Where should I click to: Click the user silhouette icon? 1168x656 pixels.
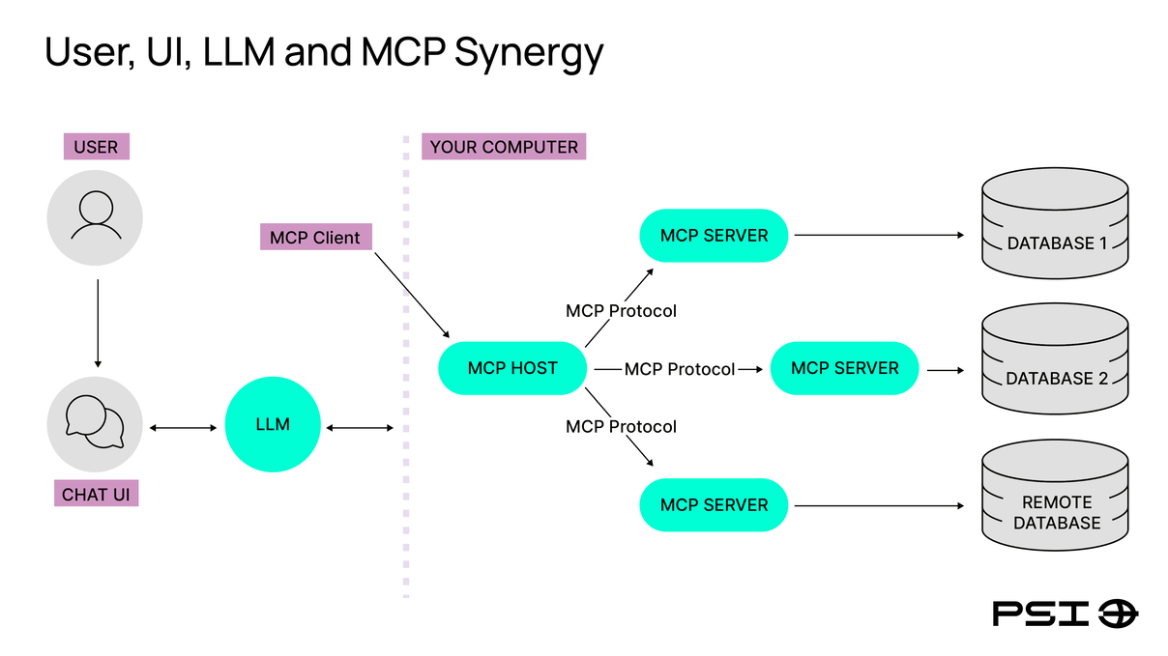(95, 217)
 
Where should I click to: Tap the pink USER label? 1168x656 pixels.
(96, 147)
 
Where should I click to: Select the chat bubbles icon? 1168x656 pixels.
(95, 425)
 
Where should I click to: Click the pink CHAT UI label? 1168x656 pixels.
(96, 495)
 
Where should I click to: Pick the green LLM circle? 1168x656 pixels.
(273, 424)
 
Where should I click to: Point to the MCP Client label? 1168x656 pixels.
(315, 238)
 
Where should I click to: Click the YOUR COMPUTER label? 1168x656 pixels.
(504, 147)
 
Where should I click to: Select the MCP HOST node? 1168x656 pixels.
(512, 368)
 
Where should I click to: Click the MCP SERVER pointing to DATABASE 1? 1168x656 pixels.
(714, 235)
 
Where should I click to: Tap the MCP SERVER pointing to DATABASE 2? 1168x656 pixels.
(844, 368)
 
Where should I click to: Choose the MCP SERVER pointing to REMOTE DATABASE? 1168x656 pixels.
(714, 504)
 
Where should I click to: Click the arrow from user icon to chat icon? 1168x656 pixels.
(97, 324)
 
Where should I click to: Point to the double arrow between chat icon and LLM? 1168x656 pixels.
(183, 426)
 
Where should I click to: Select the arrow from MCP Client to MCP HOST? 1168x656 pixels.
(412, 293)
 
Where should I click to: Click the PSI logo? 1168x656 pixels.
(1065, 613)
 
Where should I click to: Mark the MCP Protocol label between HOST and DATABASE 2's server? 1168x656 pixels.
(679, 369)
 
